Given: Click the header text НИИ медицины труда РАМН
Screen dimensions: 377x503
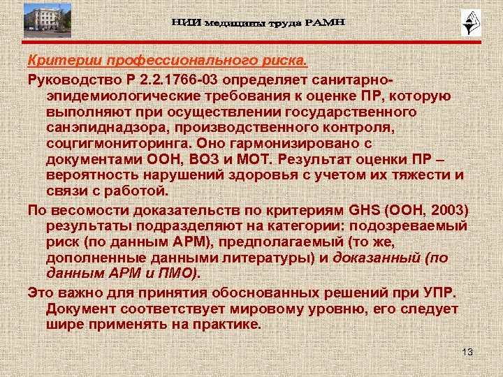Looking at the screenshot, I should [x=258, y=24].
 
